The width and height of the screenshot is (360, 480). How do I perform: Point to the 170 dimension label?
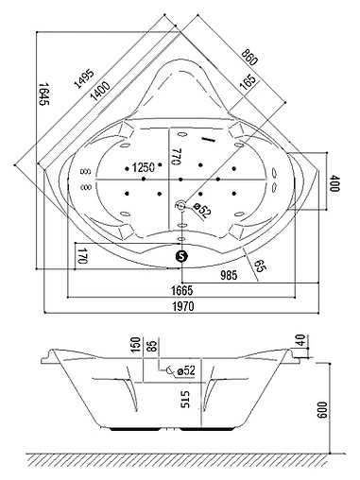pos(83,254)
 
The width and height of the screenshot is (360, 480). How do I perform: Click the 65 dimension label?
pos(258,266)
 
